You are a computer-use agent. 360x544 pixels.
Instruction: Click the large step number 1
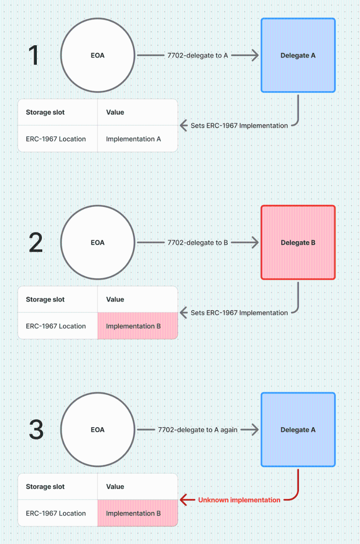[33, 55]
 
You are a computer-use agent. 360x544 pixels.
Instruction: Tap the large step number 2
[36, 242]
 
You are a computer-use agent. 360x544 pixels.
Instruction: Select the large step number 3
[36, 429]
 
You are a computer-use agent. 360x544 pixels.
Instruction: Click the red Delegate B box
[298, 242]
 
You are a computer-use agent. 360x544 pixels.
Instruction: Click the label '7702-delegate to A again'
[198, 430]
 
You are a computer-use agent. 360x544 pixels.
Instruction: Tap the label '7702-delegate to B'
[198, 242]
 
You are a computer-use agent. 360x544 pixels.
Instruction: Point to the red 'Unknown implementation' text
[239, 500]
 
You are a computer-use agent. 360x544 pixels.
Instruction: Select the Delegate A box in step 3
[298, 429]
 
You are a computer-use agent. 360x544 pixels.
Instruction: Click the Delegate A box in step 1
[298, 55]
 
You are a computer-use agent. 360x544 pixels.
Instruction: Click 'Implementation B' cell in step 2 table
[138, 326]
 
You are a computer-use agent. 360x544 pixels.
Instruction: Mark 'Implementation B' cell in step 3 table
[138, 513]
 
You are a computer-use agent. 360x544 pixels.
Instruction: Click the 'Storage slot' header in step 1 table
[45, 112]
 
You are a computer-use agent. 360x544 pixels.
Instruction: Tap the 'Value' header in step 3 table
[115, 487]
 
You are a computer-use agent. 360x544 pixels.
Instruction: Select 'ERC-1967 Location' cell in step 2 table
[56, 326]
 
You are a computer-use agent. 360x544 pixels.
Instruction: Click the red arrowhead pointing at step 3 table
[183, 500]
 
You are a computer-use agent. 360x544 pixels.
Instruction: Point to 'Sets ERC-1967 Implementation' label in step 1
[239, 126]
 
